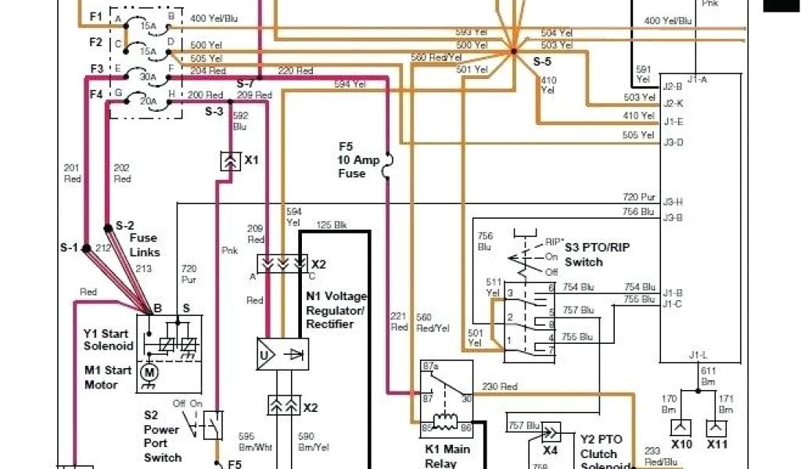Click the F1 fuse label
pyautogui.click(x=95, y=16)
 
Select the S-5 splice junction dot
pyautogui.click(x=514, y=52)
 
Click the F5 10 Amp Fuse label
pyautogui.click(x=352, y=159)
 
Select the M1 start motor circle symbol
pyautogui.click(x=149, y=372)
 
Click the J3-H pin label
pyautogui.click(x=673, y=201)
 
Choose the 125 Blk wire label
pyautogui.click(x=332, y=225)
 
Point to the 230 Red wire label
pyautogui.click(x=501, y=385)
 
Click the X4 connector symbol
pyautogui.click(x=550, y=432)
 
